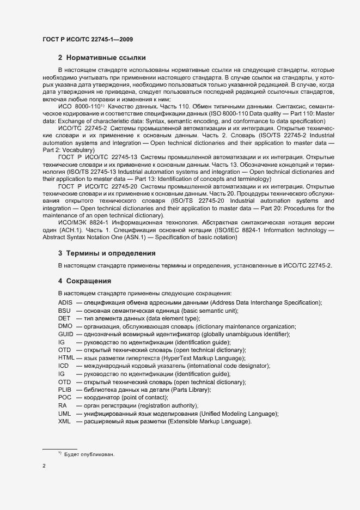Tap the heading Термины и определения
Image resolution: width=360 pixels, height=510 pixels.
(x=107, y=253)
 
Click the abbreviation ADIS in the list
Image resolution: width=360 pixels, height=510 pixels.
(x=65, y=302)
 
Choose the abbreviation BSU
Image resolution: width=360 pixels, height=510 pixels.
(x=64, y=311)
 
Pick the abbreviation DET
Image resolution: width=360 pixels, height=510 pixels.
(x=64, y=318)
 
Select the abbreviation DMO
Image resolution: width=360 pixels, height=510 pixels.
(x=65, y=326)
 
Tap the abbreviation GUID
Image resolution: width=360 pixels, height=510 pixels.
(x=65, y=334)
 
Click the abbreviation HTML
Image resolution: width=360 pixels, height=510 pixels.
(x=66, y=358)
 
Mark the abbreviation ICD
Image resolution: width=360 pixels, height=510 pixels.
(x=63, y=366)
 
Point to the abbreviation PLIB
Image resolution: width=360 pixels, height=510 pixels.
(x=65, y=390)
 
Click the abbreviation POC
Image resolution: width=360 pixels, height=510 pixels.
(x=64, y=398)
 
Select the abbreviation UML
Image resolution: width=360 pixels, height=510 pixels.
(x=64, y=414)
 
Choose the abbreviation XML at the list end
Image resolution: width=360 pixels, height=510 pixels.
(x=64, y=422)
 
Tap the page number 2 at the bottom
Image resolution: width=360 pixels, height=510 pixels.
(x=44, y=466)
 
